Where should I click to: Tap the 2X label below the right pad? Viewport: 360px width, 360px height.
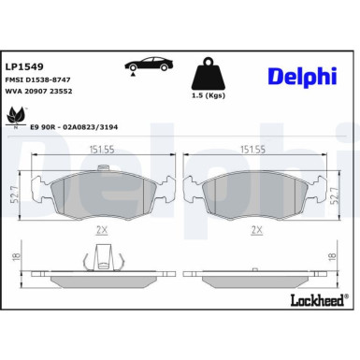(255, 227)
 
